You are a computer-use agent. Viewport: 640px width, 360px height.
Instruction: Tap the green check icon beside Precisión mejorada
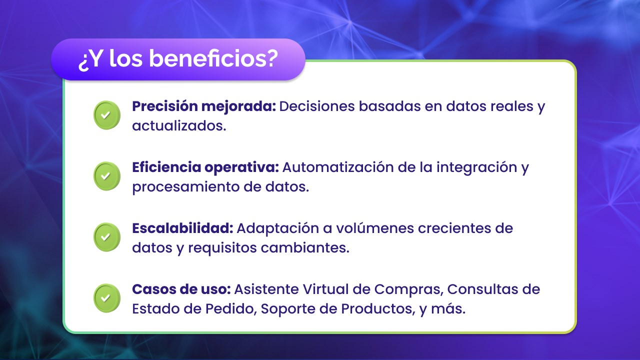tap(107, 115)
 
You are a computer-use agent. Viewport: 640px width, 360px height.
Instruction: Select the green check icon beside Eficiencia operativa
tap(107, 176)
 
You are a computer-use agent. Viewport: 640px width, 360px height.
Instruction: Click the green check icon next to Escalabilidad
tap(107, 237)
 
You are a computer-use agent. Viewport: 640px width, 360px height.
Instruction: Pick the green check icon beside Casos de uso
tap(107, 298)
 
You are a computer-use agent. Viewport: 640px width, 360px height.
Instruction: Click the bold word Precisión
tap(165, 106)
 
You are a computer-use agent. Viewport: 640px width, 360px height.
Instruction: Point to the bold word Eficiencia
tap(166, 167)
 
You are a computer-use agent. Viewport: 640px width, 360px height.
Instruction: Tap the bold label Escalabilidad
tap(182, 228)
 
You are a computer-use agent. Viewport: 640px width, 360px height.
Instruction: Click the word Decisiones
tap(317, 106)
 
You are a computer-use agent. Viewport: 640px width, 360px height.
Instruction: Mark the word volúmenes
tap(375, 228)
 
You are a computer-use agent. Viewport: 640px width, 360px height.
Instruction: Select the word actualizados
tap(179, 125)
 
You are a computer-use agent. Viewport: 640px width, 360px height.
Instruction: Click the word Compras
tap(409, 289)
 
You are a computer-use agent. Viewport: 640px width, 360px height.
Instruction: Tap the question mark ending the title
tap(270, 58)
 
